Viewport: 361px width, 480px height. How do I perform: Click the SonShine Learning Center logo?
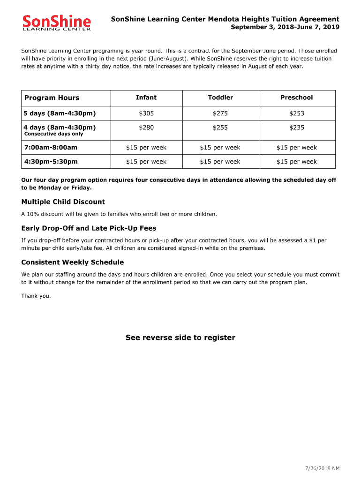(x=57, y=22)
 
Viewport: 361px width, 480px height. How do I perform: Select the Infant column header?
(x=146, y=97)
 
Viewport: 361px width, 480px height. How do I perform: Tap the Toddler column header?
(x=220, y=97)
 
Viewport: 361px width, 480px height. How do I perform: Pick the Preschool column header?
(x=296, y=97)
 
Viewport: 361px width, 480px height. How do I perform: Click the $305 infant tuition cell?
(x=146, y=113)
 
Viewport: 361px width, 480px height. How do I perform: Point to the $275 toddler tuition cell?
(x=220, y=113)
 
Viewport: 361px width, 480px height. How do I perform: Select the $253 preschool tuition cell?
(x=296, y=113)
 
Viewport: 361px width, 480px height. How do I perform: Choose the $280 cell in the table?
(x=146, y=127)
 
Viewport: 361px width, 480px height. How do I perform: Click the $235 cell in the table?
(x=296, y=127)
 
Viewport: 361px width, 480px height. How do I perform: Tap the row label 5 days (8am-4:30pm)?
(x=60, y=113)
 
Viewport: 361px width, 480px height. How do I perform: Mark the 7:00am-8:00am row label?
(x=51, y=148)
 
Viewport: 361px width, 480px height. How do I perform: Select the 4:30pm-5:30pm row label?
(x=51, y=162)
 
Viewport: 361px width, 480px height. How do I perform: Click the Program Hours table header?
(x=52, y=98)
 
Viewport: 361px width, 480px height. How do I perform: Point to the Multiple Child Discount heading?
(x=63, y=202)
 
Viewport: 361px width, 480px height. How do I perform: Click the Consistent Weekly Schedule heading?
(x=72, y=262)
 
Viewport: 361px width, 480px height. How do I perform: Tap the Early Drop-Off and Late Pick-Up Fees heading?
(x=89, y=228)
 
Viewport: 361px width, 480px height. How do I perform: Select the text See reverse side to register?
(x=180, y=338)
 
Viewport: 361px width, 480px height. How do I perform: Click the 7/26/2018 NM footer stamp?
(x=323, y=468)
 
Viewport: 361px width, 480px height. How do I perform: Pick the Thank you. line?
(x=36, y=296)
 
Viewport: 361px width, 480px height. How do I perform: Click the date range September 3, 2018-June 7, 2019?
(x=285, y=27)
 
